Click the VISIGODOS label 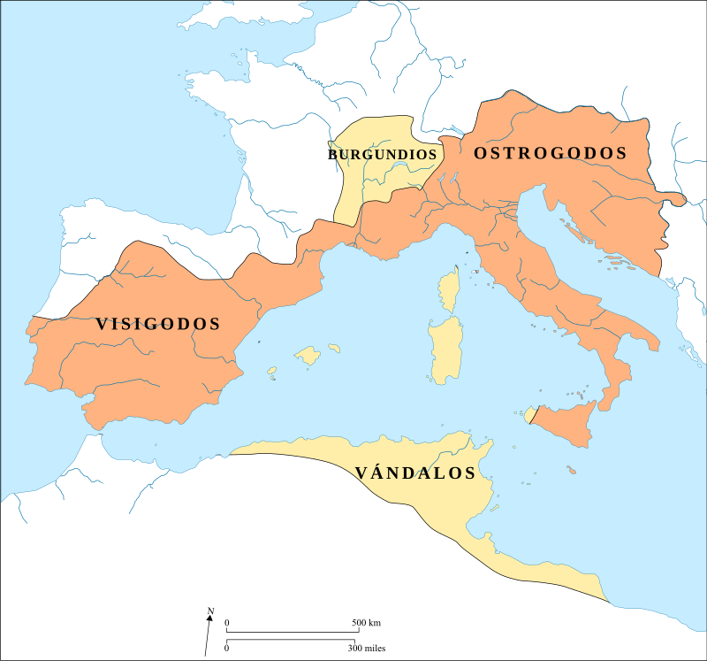click(x=158, y=324)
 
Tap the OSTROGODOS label click(x=550, y=153)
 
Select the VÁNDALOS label click(x=415, y=473)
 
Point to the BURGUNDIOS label click(x=385, y=154)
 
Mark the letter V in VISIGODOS click(x=102, y=324)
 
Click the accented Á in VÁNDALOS click(x=376, y=472)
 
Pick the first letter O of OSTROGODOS click(x=481, y=153)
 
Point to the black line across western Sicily click(x=533, y=414)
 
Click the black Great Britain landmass click(x=256, y=22)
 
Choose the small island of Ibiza click(x=272, y=371)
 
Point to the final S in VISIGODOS click(x=215, y=324)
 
